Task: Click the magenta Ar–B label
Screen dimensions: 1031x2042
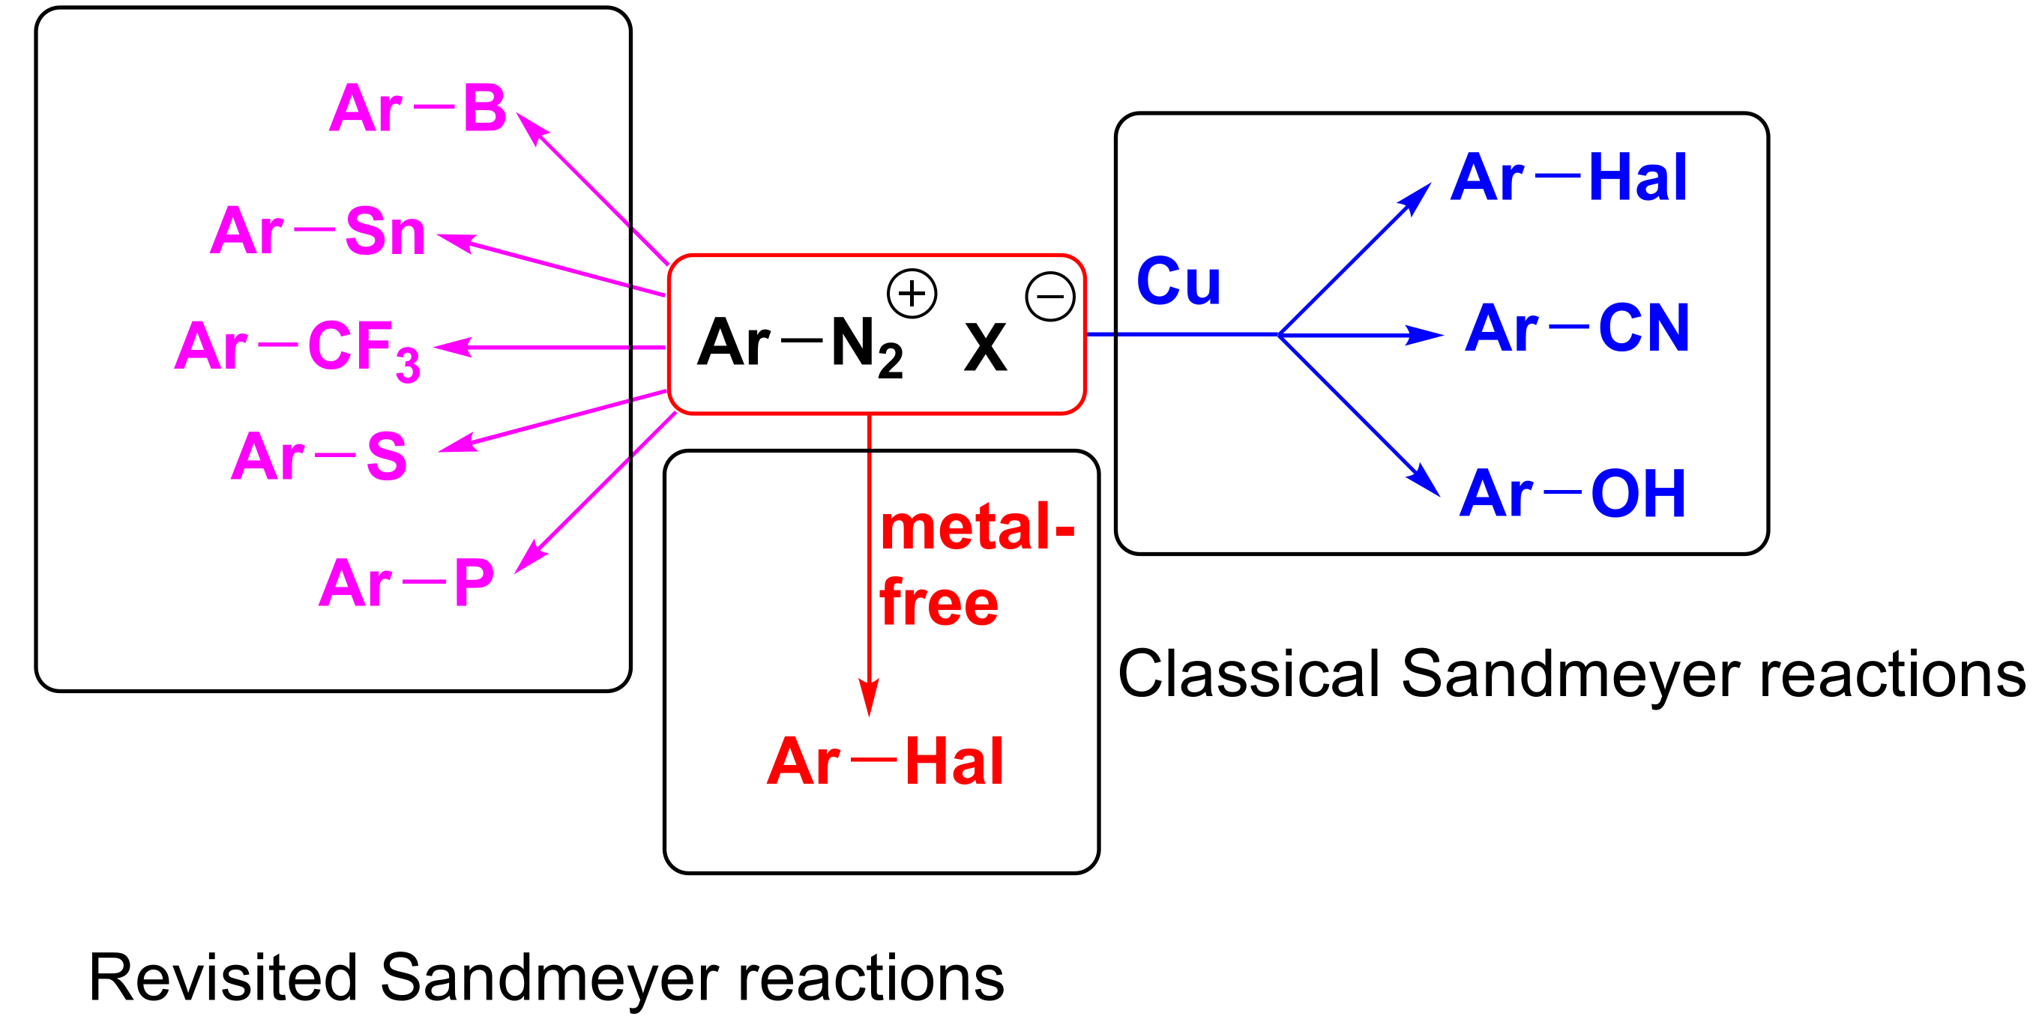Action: point(418,109)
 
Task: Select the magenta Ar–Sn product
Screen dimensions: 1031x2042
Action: point(318,231)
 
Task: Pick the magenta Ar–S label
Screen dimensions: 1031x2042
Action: point(319,456)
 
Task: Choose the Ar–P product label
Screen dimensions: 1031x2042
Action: point(406,582)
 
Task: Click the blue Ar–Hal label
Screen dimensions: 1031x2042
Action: point(1569,178)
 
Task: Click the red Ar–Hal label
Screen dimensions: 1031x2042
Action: point(885,761)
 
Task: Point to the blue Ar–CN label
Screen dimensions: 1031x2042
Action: point(1577,328)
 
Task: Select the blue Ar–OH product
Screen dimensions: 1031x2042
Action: point(1573,494)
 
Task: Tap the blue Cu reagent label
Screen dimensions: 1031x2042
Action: point(1178,281)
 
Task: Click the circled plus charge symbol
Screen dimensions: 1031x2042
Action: point(912,293)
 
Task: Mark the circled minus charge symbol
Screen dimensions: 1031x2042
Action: point(1049,297)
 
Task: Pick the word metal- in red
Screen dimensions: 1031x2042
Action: point(978,527)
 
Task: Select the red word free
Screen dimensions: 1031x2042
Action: point(939,603)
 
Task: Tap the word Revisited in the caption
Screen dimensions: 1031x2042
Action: point(223,978)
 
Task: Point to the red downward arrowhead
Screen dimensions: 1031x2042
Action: point(869,697)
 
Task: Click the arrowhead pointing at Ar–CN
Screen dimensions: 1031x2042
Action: point(1424,335)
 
